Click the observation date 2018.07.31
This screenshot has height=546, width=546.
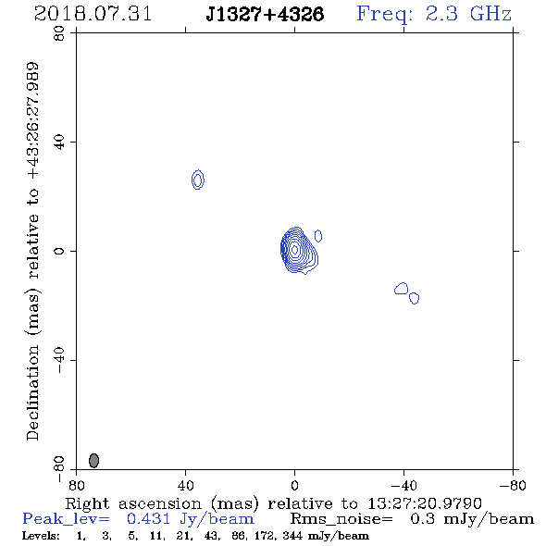pos(93,14)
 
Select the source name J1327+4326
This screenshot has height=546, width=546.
pos(265,14)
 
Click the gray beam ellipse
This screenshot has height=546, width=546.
pos(94,460)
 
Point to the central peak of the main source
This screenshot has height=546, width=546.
pos(294,249)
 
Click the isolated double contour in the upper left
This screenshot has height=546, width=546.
pos(198,180)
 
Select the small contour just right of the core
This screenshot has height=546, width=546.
pos(318,236)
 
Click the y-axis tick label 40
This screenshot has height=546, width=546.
pos(59,143)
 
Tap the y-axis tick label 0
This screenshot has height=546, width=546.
pos(59,251)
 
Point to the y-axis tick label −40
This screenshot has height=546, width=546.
pos(59,360)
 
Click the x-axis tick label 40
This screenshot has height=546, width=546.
pos(185,485)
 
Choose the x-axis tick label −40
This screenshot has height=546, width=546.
pos(403,485)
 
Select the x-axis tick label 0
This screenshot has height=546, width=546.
pos(294,485)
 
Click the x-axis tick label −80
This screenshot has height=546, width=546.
pos(513,485)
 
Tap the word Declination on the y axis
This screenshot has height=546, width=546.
pos(32,392)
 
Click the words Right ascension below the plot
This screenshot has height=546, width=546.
pos(133,503)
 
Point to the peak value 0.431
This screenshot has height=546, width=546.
pos(148,519)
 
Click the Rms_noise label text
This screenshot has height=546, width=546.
pos(341,519)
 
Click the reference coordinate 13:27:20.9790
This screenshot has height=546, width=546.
pos(425,503)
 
